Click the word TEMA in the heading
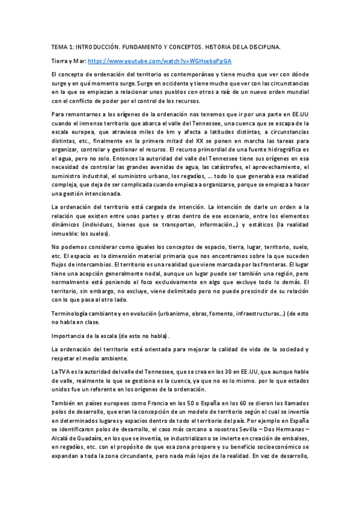pyautogui.click(x=59, y=46)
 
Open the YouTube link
pyautogui.click(x=160, y=61)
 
